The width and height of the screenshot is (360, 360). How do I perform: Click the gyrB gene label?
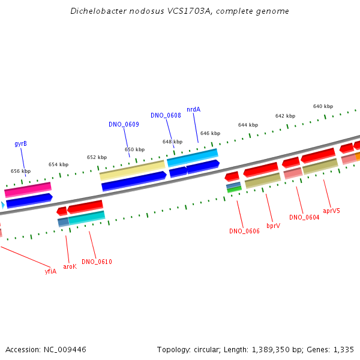20,144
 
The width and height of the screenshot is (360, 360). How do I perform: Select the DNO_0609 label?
124,124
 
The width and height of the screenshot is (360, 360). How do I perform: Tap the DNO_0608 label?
166,115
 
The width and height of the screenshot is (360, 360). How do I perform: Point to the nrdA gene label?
194,110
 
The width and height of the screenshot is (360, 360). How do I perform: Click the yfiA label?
50,272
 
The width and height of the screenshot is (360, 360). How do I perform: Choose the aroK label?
70,266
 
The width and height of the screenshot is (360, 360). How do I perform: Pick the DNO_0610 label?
97,262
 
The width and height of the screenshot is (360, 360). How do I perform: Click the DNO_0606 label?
245,231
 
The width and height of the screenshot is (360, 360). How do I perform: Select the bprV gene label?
274,226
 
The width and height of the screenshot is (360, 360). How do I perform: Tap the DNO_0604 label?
304,217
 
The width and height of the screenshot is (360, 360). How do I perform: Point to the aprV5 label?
331,211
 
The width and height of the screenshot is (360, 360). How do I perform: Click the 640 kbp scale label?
323,106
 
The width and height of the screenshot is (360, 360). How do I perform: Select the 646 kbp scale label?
211,133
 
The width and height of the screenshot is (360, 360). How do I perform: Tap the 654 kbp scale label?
59,164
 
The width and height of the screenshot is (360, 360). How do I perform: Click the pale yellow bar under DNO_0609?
132,170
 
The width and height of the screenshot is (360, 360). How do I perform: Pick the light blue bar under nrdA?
193,157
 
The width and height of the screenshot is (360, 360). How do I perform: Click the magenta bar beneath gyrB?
28,190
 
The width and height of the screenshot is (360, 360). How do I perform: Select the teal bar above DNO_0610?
87,217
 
